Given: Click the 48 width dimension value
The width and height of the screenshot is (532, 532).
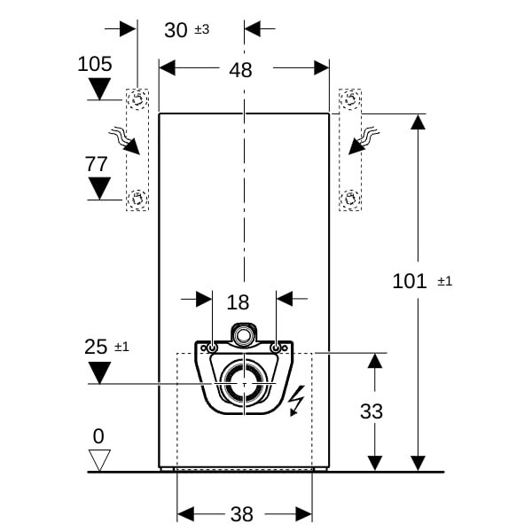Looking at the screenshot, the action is pos(240,70).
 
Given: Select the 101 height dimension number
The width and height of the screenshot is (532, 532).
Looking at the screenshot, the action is pos(409,281).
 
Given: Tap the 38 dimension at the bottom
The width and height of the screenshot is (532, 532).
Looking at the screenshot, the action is pos(241,514).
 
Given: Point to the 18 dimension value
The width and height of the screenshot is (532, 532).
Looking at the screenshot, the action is pos(238,302).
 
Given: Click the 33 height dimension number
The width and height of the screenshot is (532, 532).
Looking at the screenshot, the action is pos(372,411).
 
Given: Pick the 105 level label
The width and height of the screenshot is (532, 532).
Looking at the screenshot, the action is pos(95,64).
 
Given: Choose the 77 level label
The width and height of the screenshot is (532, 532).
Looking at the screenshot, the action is pos(96,164).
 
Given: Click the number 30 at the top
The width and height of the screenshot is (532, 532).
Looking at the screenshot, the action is pos(176,30).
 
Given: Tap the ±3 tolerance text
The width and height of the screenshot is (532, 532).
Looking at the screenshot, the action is pos(202,29).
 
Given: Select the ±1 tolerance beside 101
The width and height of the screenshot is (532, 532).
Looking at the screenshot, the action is pos(445,281).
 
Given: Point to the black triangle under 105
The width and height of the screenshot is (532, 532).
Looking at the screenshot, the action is pos(99,89).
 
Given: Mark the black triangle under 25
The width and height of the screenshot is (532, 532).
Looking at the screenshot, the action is pos(99,373).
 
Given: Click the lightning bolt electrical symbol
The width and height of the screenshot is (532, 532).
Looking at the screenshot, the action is pos(296,401).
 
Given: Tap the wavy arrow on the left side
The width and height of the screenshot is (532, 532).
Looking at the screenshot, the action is pos(124,140).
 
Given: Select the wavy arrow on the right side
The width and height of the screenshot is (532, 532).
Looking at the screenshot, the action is pos(364,140).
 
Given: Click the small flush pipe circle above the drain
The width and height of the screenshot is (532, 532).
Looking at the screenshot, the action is pos(243,335).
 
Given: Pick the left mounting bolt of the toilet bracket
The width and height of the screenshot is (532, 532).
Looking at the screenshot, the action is pos(213,348).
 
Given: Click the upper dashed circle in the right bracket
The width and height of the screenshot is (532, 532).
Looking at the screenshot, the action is pos(350,99).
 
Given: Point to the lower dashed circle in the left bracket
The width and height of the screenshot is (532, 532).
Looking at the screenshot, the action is pos(137,199).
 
